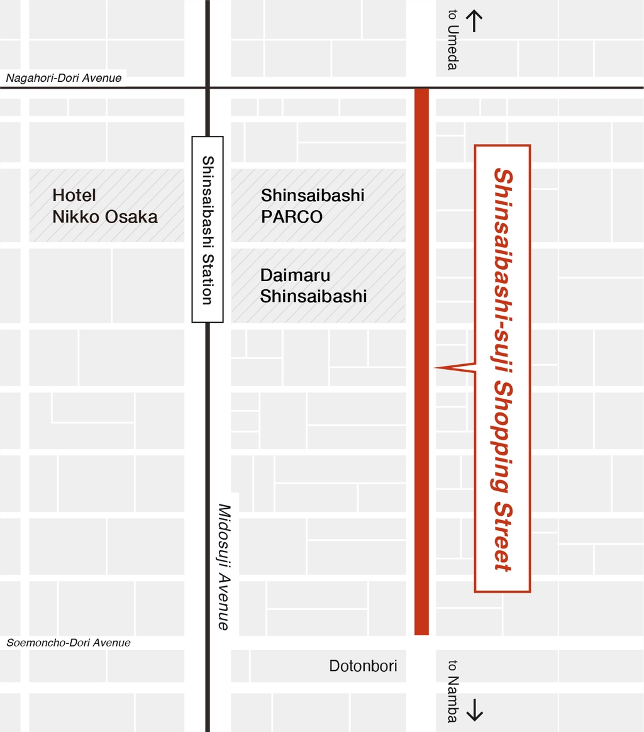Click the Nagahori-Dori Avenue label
pos(64,79)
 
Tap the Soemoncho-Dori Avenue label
pos(69,643)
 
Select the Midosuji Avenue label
pos(225,566)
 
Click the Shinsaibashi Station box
pos(208,230)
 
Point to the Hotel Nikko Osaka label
pos(105,206)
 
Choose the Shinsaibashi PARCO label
pos(313,206)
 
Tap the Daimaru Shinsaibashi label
pos(313,286)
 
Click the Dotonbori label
pos(363,666)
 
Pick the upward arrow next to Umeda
pos(474,21)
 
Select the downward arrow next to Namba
pos(474,709)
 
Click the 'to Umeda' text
pos(452,40)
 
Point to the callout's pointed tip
pos(436,367)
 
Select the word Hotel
pos(74,196)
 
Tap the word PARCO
pos(292,217)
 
